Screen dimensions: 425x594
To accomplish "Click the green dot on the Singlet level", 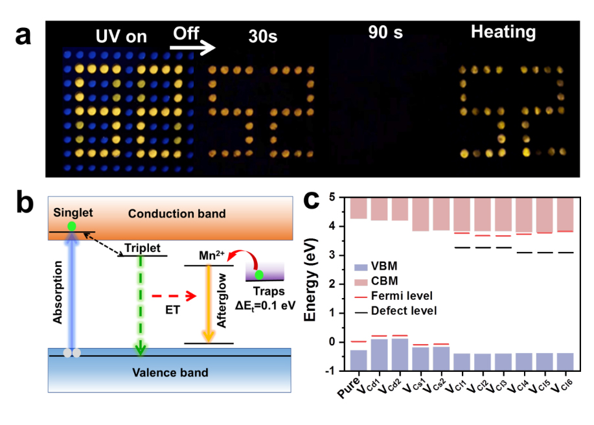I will click(x=73, y=226).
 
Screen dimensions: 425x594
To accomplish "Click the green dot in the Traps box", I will click(x=259, y=275).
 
